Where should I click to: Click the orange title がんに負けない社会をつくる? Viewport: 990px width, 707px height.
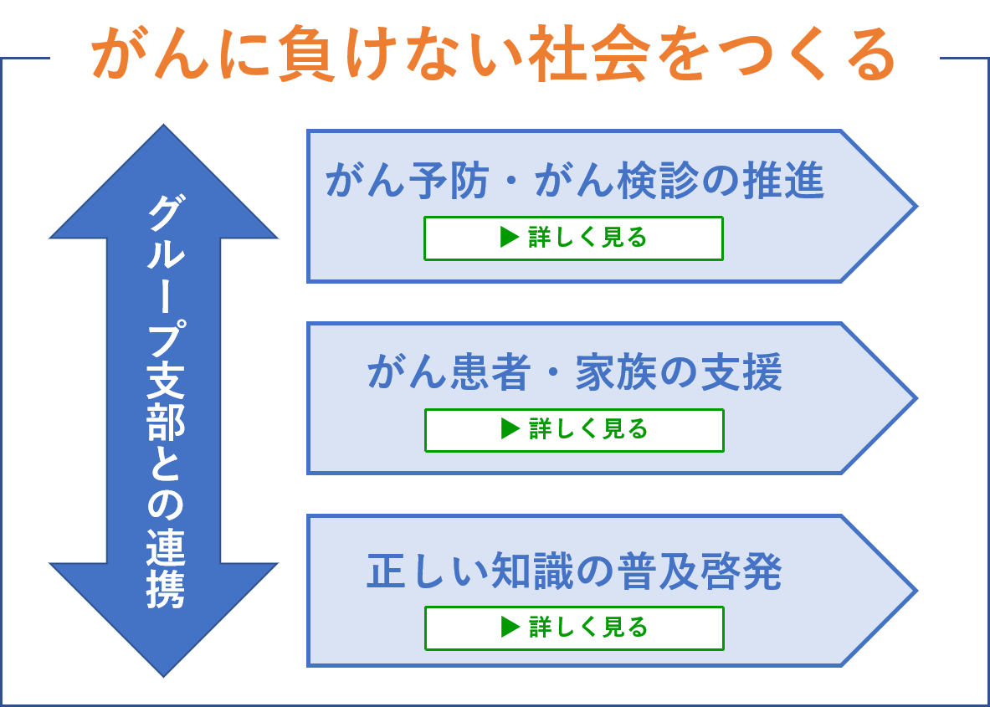coord(493,54)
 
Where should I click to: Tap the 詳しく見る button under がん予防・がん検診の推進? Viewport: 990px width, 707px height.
coord(573,238)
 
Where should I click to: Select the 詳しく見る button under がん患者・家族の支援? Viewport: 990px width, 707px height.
coord(574,430)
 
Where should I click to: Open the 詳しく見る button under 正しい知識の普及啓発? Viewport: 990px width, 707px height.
coord(574,628)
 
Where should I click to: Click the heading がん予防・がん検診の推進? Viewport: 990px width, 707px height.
coord(575,181)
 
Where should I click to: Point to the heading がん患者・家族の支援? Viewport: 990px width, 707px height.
coord(575,372)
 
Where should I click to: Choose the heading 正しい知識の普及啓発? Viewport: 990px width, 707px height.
coord(575,571)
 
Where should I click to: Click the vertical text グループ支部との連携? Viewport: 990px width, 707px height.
coord(165,402)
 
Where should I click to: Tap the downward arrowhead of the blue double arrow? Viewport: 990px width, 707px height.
coord(163,618)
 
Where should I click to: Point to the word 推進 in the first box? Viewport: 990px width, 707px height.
coord(783,181)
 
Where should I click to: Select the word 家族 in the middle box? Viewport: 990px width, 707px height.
coord(616,372)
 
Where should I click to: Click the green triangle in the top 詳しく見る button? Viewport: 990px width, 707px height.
coord(509,238)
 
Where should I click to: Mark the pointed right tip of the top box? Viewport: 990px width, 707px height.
coord(916,206)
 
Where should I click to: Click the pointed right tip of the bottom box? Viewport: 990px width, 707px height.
coord(916,591)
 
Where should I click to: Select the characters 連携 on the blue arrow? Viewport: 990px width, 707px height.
coord(165,569)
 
